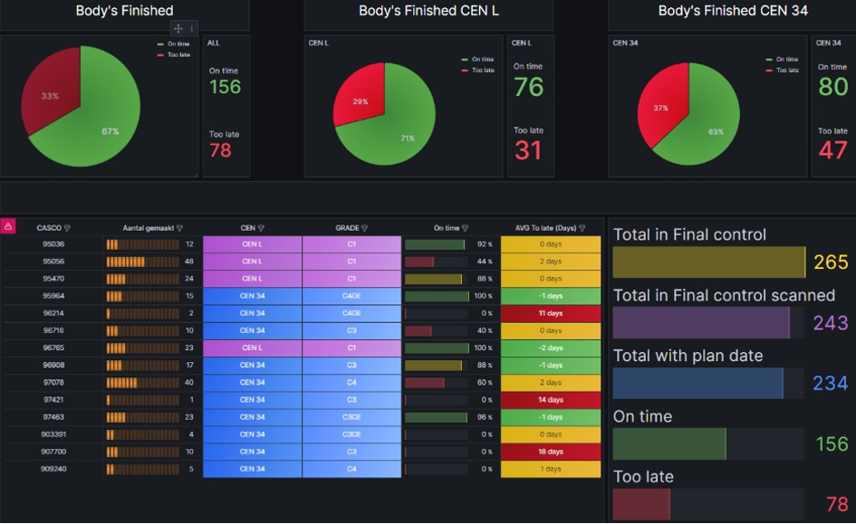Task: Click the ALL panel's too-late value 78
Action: point(220,150)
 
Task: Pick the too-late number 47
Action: point(832,149)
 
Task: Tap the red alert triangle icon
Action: point(9,226)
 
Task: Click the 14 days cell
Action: point(551,400)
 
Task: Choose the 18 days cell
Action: point(551,452)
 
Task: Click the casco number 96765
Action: point(53,348)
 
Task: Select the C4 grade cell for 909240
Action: point(351,469)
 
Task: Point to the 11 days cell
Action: point(551,313)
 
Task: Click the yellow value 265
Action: point(831,262)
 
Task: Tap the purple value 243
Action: point(831,323)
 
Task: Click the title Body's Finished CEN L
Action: point(428,11)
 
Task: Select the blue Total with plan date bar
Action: point(697,384)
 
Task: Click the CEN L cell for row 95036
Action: point(253,244)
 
